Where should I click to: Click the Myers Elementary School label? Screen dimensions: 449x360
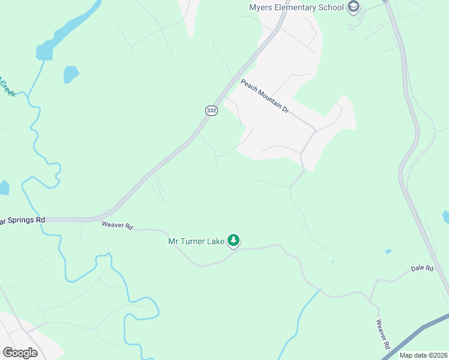(x=297, y=7)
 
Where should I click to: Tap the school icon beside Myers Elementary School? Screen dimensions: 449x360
(x=354, y=7)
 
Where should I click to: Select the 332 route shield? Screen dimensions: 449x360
(x=211, y=110)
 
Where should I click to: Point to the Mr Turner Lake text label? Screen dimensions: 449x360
(x=195, y=242)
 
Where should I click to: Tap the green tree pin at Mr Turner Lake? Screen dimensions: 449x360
(x=234, y=241)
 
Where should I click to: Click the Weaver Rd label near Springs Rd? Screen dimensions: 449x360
(x=116, y=225)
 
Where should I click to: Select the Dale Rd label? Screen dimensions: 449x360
(x=422, y=269)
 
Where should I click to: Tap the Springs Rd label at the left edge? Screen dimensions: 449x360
(x=23, y=220)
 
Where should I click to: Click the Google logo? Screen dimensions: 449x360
(x=20, y=353)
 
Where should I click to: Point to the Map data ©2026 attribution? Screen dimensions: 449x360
(x=423, y=355)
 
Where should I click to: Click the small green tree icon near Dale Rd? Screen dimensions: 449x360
(x=388, y=251)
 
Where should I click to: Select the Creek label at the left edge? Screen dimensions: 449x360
(x=7, y=87)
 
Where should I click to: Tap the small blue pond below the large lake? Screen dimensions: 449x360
(x=71, y=74)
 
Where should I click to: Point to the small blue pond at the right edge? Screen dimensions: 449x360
(x=445, y=217)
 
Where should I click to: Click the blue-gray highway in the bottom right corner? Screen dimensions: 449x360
(x=420, y=330)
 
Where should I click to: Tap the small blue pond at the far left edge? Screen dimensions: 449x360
(x=3, y=188)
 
